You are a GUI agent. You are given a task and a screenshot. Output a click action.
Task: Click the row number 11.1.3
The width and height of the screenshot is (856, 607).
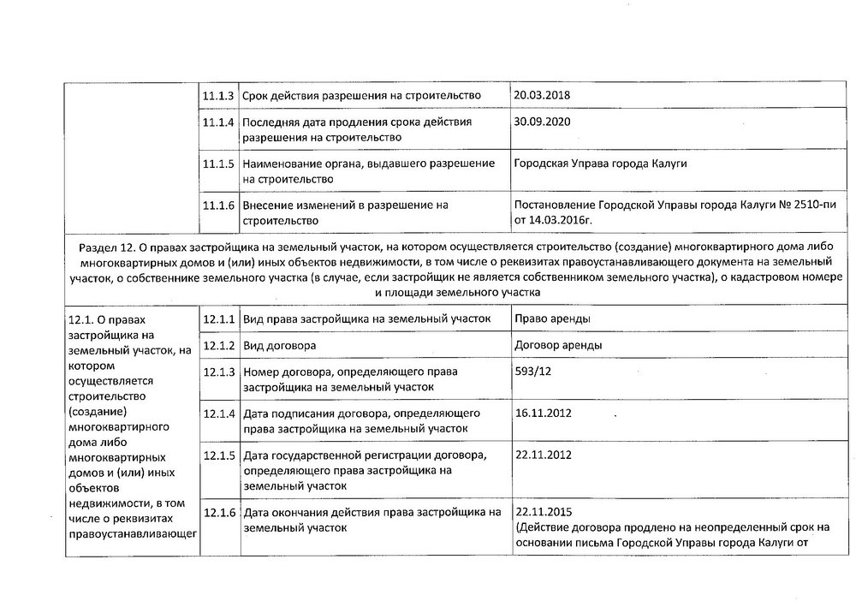pos(219,94)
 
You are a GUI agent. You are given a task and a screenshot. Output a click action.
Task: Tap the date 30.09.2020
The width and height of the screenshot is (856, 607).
pos(540,122)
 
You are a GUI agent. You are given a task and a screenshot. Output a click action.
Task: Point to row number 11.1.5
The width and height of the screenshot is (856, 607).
pos(219,164)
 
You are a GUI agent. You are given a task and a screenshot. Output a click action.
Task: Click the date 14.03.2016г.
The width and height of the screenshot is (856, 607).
pos(554,219)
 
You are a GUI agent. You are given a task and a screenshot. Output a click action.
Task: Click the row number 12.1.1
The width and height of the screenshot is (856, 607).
pos(219,319)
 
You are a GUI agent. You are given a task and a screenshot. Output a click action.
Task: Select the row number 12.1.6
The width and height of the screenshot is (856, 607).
pos(219,513)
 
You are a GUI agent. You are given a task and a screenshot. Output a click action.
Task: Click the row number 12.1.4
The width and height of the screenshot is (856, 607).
pos(219,414)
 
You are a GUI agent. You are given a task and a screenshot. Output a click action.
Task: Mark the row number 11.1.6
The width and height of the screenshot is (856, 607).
pos(219,205)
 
